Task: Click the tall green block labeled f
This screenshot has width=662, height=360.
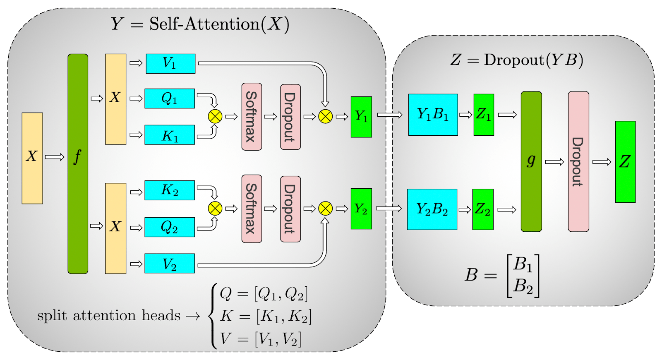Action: click(78, 163)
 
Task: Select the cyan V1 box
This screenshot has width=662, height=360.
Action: click(170, 64)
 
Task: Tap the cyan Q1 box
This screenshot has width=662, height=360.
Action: click(169, 98)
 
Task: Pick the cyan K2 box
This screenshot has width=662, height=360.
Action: click(169, 190)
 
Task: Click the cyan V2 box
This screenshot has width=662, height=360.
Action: click(169, 264)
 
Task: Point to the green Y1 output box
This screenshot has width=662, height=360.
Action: click(361, 117)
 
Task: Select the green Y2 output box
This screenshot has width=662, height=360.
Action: click(361, 209)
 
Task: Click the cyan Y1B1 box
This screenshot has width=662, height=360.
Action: click(433, 115)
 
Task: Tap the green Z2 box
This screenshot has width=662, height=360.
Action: click(483, 209)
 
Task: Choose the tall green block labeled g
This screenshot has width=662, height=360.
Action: click(531, 161)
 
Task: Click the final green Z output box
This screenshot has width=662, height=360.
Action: click(625, 162)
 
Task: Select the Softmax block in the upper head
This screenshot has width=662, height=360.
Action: click(252, 117)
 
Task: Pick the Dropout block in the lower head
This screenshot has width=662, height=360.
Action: click(290, 209)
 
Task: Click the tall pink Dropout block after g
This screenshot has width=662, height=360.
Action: click(578, 161)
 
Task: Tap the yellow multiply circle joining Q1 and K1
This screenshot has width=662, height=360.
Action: click(215, 116)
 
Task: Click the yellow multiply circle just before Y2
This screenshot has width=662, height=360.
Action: click(326, 209)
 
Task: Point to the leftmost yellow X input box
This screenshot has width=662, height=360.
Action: click(32, 158)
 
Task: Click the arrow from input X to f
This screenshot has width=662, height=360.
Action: click(55, 157)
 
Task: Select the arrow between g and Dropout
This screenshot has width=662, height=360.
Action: click(554, 162)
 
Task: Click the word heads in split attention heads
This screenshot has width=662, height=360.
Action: click(161, 316)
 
